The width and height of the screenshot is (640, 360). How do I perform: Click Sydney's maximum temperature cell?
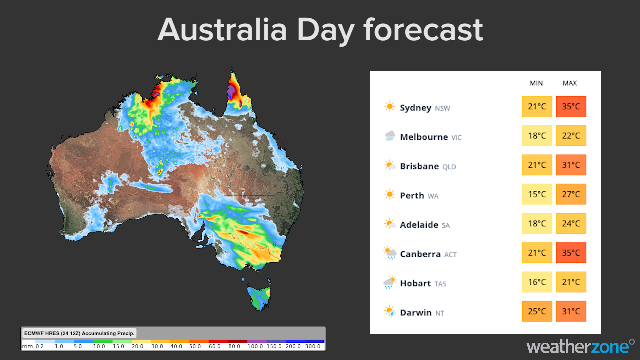tap(571, 106)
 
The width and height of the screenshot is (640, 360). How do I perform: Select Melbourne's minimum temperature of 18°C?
tap(537, 136)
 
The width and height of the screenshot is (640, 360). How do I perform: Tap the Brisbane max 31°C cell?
tap(571, 165)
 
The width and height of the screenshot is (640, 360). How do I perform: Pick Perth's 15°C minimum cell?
tap(537, 194)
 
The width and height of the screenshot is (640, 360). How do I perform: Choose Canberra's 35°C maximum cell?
tap(571, 253)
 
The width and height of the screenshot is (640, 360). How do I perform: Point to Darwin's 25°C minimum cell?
tap(537, 311)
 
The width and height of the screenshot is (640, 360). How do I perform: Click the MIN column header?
tap(536, 83)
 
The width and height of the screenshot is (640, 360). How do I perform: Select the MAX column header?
tap(570, 83)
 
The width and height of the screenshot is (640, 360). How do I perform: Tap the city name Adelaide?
tap(419, 225)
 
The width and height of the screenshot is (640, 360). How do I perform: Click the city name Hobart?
tap(415, 283)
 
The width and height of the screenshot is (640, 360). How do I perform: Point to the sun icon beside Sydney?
tap(389, 107)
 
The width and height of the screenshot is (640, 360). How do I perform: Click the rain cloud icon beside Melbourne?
tap(390, 136)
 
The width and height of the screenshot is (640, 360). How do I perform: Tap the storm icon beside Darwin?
tap(389, 312)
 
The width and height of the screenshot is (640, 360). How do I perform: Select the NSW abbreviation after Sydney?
tap(442, 108)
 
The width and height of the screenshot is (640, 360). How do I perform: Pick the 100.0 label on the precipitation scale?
tap(255, 346)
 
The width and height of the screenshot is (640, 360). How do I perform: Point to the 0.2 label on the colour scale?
tap(40, 346)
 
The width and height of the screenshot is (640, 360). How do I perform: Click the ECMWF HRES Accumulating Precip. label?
tap(79, 333)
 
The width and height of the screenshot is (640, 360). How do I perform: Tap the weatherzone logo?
tap(580, 347)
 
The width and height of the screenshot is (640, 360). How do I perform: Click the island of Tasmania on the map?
tap(259, 297)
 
